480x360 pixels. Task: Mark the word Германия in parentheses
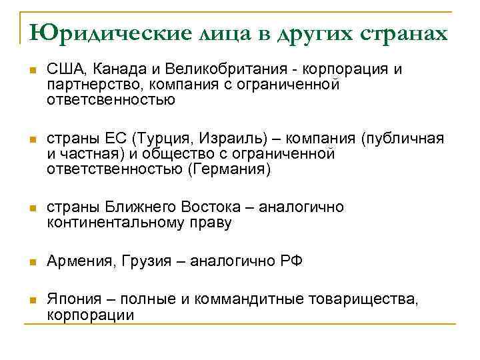231,169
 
